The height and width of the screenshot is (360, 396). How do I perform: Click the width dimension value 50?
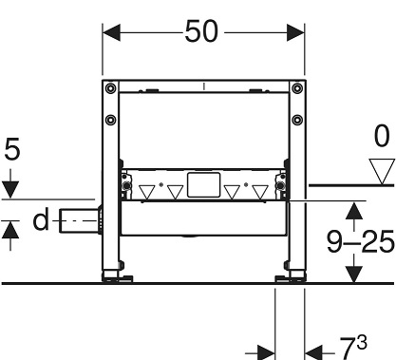(201, 31)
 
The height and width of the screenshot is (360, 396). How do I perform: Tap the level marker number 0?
(382, 136)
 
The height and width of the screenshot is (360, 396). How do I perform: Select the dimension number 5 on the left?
(12, 148)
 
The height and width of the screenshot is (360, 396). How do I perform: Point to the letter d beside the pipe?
(41, 219)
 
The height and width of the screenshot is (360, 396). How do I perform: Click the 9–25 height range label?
(361, 241)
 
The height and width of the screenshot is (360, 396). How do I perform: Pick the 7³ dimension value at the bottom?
(353, 348)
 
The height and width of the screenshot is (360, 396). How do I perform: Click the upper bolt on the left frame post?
(110, 88)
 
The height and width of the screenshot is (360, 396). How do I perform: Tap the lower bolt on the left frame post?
(110, 120)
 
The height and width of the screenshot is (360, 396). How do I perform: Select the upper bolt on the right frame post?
(297, 88)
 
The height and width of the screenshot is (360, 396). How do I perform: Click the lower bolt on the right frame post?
(297, 120)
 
